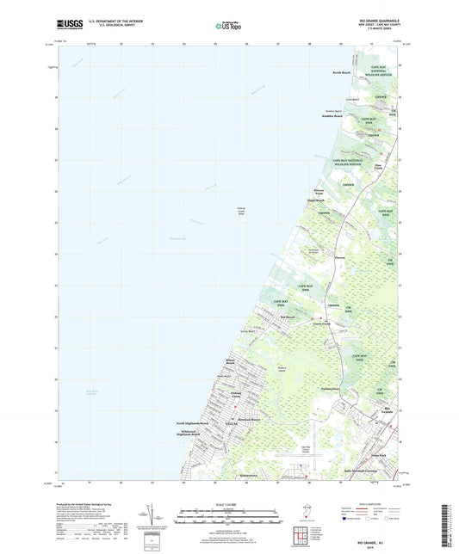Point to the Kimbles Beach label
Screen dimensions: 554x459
(x=332, y=116)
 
